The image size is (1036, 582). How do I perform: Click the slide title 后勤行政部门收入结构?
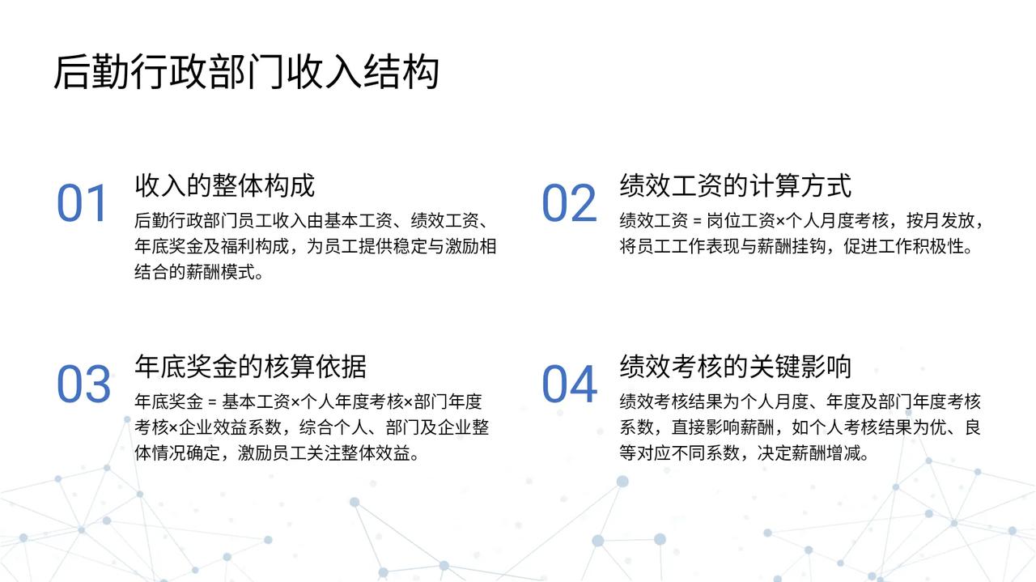247,72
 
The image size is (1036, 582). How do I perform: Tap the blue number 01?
83,203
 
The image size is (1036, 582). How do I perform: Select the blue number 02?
569,203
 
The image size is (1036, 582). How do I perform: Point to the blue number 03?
83,384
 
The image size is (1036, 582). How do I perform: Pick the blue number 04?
570,384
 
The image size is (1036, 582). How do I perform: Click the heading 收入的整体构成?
225,185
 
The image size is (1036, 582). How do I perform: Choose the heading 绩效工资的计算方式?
736,185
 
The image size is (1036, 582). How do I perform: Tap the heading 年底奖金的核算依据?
251,367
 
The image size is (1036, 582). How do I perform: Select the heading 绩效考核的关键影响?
736,367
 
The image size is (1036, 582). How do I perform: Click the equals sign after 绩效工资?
697,222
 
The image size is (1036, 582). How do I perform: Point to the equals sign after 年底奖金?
212,402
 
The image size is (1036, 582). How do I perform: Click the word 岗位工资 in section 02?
741,221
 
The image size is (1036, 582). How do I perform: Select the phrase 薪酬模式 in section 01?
221,272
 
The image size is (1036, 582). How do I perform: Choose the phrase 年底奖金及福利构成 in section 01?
212,246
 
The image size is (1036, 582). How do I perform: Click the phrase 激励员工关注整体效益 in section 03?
324,453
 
